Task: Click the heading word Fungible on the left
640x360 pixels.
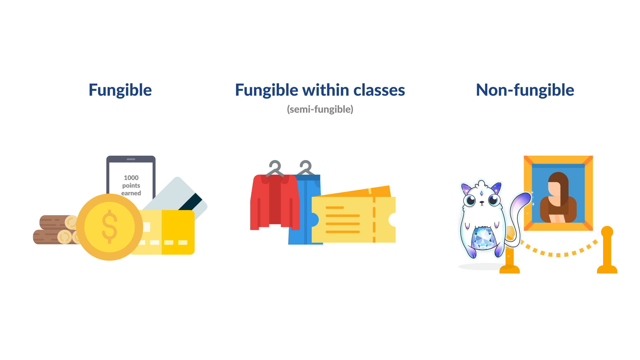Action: click(x=120, y=90)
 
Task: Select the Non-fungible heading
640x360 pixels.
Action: click(x=525, y=90)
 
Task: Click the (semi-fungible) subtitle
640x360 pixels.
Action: click(x=320, y=109)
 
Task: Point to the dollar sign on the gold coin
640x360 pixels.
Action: click(x=110, y=227)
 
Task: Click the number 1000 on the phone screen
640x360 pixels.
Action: click(x=131, y=178)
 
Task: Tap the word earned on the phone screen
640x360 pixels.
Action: click(x=131, y=193)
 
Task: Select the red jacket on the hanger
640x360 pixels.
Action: click(x=275, y=202)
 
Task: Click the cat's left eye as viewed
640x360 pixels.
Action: click(x=471, y=200)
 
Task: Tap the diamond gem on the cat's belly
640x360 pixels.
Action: click(x=484, y=238)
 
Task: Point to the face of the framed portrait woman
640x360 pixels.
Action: click(x=554, y=189)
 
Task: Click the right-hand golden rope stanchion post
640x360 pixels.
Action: click(x=607, y=250)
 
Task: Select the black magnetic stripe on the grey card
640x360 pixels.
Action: click(x=190, y=202)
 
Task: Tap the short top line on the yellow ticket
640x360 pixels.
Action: click(x=335, y=208)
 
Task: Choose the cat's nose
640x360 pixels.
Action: click(x=482, y=202)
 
